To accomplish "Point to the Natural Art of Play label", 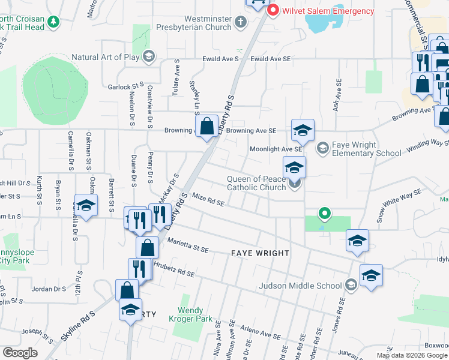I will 106,57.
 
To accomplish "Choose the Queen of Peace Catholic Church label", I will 256,183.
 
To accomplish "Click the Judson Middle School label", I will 301,286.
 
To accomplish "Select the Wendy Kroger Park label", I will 194,314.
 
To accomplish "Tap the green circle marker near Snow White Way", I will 325,213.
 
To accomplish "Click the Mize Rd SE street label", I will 208,200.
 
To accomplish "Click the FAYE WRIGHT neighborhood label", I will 260,254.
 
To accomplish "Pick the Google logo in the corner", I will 20,353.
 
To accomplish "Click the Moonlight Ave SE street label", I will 275,149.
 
